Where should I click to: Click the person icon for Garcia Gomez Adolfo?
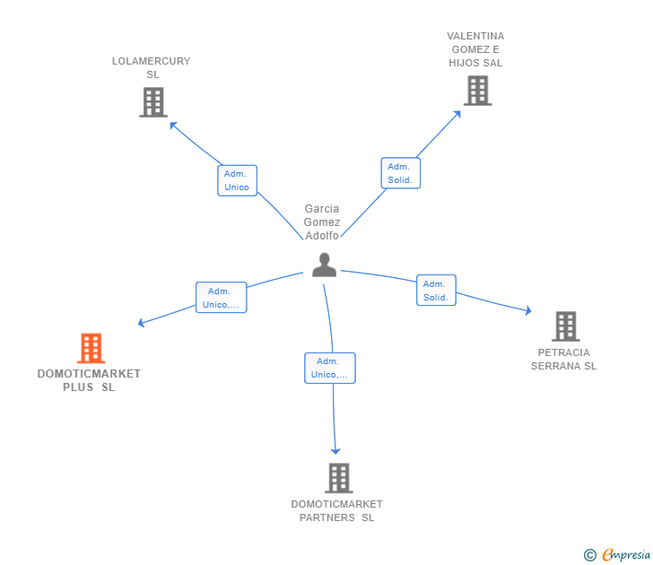pyautogui.click(x=324, y=265)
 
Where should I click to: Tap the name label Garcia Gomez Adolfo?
pyautogui.click(x=322, y=222)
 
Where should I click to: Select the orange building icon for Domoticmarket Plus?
pyautogui.click(x=91, y=348)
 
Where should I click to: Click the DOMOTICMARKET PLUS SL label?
pyautogui.click(x=89, y=380)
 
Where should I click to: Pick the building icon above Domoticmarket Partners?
pyautogui.click(x=338, y=478)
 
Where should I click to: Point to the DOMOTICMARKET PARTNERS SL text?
pyautogui.click(x=336, y=510)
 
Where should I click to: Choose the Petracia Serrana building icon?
pyautogui.click(x=564, y=326)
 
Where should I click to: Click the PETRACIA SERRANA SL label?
pyautogui.click(x=563, y=359)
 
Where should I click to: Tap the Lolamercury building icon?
pyautogui.click(x=153, y=102)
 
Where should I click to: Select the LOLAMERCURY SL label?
pyautogui.click(x=152, y=67)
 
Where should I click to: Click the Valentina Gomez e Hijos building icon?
pyautogui.click(x=476, y=91)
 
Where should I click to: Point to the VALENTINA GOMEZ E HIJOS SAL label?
pyautogui.click(x=475, y=49)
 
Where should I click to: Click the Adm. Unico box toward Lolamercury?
pyautogui.click(x=237, y=180)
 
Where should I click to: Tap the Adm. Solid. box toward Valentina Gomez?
pyautogui.click(x=400, y=173)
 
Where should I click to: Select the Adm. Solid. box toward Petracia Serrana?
pyautogui.click(x=436, y=290)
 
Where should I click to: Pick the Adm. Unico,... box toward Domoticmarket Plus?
pyautogui.click(x=221, y=298)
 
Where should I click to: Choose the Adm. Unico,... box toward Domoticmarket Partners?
pyautogui.click(x=330, y=368)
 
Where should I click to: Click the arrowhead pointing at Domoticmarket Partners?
pyautogui.click(x=336, y=451)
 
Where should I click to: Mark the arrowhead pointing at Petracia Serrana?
pyautogui.click(x=527, y=311)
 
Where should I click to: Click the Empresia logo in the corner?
pyautogui.click(x=618, y=554)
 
